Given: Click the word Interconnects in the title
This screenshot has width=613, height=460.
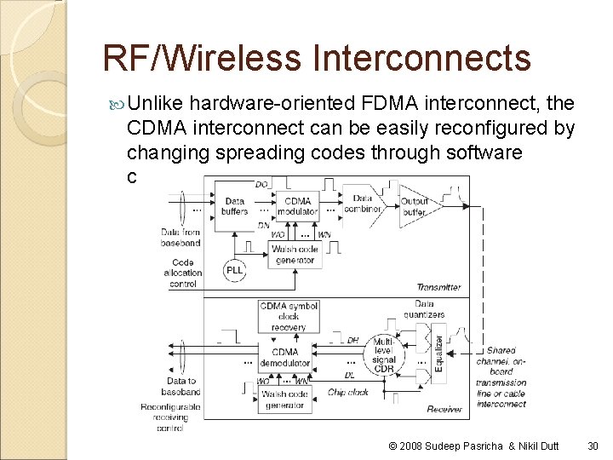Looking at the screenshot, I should pos(421,58).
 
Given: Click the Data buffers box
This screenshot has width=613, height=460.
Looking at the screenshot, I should pos(234,205).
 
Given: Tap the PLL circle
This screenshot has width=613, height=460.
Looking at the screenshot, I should pos(234,271).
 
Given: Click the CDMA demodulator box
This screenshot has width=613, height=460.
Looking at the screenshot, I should pos(286,357).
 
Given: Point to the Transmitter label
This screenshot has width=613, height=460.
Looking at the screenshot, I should pos(438,287).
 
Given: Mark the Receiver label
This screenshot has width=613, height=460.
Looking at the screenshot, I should pos(444,409).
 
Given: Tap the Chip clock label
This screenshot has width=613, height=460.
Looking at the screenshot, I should pos(347,393).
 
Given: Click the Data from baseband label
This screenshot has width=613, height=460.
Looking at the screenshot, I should pos(180,237).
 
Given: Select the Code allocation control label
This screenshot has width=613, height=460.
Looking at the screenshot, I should pos(182,273).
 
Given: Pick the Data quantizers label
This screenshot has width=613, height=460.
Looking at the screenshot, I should pos(424,308).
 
